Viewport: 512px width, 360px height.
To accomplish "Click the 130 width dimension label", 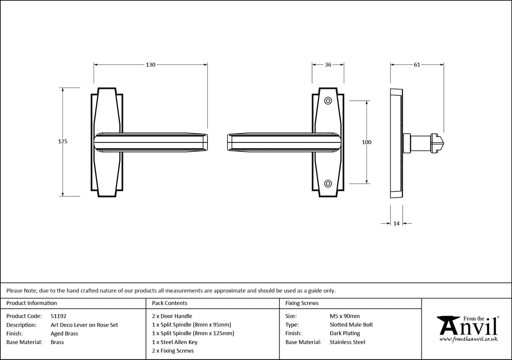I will click(x=151, y=64).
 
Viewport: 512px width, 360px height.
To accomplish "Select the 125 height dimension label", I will click(x=62, y=142).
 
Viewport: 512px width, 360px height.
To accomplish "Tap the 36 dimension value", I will click(x=328, y=64).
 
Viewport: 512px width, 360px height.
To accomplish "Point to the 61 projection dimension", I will click(x=417, y=64).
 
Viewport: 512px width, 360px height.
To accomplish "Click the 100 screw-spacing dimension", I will click(x=366, y=142).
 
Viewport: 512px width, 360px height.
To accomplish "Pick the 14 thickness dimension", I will click(x=396, y=223).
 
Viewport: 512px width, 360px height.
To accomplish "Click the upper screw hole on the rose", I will click(x=328, y=101).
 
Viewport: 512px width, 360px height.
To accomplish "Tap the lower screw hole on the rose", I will click(x=328, y=183).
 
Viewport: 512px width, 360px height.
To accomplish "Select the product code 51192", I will click(x=58, y=316).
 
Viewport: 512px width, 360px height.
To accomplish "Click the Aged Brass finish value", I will click(x=64, y=333).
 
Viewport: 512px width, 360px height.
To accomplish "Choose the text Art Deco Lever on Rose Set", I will click(x=84, y=325).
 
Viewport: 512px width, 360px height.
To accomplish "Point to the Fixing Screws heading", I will click(x=302, y=303).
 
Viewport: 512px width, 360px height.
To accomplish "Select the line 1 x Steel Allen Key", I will click(x=175, y=342).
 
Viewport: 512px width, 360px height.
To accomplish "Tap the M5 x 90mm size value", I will click(x=345, y=316).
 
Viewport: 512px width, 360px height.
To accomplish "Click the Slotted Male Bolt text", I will click(x=351, y=325).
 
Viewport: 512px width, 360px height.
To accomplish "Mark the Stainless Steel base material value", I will click(x=348, y=342).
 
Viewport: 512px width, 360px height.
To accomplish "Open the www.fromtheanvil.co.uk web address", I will click(x=469, y=339).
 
